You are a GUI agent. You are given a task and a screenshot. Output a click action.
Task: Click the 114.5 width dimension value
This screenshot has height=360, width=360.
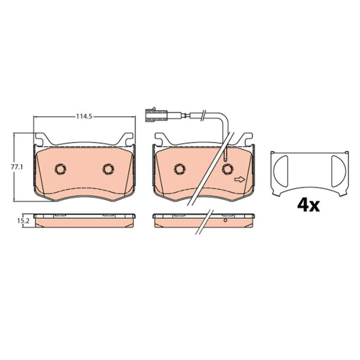[84, 117]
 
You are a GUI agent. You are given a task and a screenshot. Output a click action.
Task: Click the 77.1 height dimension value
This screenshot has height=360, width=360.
[17, 167]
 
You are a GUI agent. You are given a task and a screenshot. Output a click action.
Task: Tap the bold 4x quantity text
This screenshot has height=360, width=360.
[309, 206]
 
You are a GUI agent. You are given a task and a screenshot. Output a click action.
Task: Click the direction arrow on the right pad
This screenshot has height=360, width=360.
[240, 179]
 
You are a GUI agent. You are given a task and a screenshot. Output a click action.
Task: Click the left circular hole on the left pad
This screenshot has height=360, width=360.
[60, 169]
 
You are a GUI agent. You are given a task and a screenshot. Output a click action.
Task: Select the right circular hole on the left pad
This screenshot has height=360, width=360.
[108, 169]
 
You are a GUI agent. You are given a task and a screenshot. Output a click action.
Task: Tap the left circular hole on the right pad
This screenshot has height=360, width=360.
[180, 169]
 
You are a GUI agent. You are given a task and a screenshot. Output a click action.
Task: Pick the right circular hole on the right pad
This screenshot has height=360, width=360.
[227, 169]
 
